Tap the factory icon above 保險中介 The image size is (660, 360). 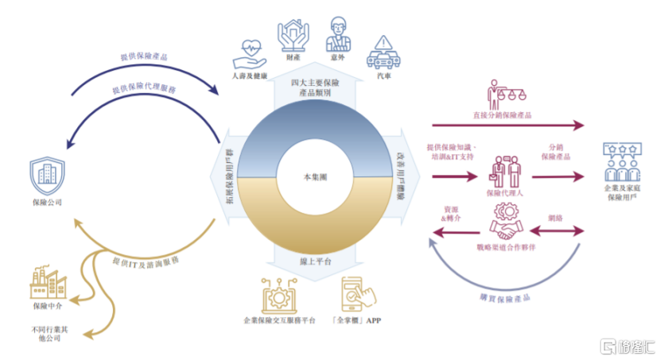(47, 282)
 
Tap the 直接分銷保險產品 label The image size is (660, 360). (502, 114)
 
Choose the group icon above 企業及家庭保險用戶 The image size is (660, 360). (623, 162)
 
